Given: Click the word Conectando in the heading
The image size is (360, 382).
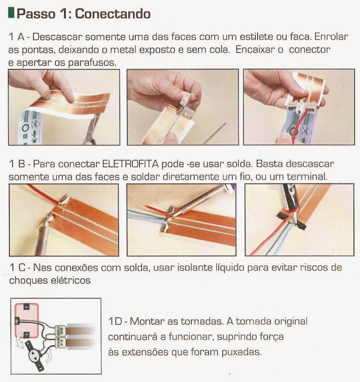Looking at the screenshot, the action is pyautogui.click(x=113, y=14).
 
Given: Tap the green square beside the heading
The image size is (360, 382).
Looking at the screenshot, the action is pyautogui.click(x=11, y=13).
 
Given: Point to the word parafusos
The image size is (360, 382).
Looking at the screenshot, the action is pyautogui.click(x=92, y=63).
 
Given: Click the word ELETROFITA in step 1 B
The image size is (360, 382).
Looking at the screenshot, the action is pyautogui.click(x=130, y=164).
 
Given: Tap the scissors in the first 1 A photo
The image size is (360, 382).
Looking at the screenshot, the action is pyautogui.click(x=92, y=130).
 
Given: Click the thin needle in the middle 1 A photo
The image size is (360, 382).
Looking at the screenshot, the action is pyautogui.click(x=215, y=133).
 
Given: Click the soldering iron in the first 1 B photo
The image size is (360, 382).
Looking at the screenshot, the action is pyautogui.click(x=43, y=234).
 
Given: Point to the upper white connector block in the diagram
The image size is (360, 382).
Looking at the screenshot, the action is pyautogui.click(x=60, y=331).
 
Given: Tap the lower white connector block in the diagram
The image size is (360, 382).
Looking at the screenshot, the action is pyautogui.click(x=60, y=342).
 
